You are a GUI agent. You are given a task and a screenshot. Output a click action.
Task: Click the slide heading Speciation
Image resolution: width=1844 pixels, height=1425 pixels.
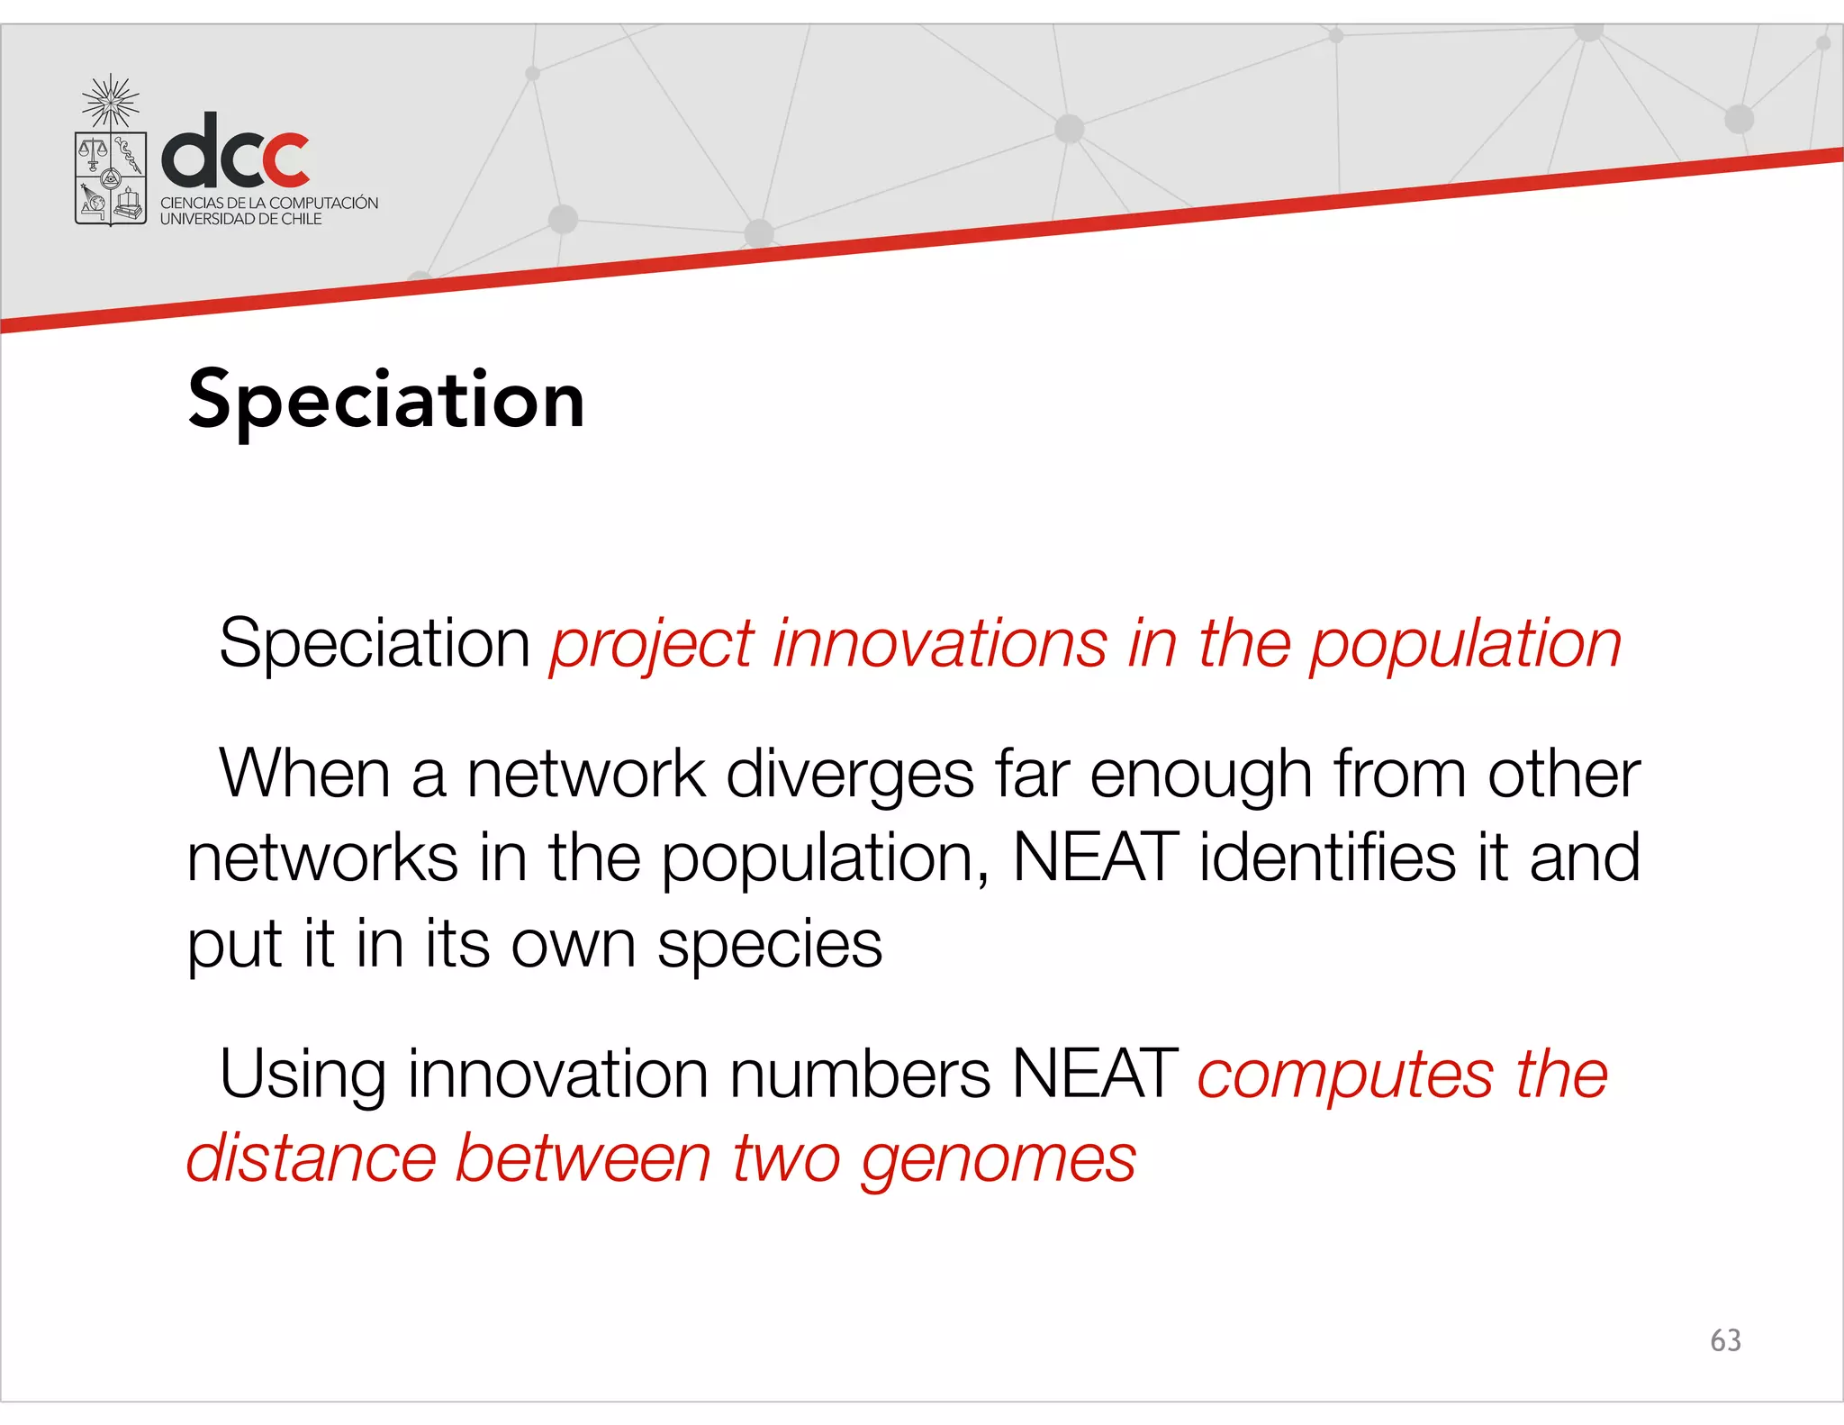[x=386, y=400]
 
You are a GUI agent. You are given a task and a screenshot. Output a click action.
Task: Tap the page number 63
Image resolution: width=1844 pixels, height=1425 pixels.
[x=1725, y=1340]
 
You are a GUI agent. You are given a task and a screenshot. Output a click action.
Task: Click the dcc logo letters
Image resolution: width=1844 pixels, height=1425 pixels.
[x=236, y=151]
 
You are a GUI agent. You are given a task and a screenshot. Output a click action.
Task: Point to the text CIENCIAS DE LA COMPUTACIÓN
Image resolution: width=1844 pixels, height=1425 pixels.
[x=269, y=204]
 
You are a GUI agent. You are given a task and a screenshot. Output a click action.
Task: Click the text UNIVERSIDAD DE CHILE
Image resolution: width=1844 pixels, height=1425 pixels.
[x=240, y=219]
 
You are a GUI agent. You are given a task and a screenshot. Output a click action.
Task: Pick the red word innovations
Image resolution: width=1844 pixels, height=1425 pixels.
[x=940, y=644]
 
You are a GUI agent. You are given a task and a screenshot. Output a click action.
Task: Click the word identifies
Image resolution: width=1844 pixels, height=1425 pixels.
[x=1327, y=857]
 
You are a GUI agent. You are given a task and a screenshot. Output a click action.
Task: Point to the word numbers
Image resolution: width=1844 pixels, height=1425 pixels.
[x=860, y=1075]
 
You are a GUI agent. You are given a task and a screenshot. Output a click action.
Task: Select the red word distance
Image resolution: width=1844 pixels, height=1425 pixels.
[x=311, y=1158]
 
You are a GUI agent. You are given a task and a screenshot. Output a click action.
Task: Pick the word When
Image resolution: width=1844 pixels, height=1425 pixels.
[x=304, y=775]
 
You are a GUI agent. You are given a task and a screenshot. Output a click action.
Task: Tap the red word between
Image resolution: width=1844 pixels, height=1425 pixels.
[x=583, y=1158]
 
